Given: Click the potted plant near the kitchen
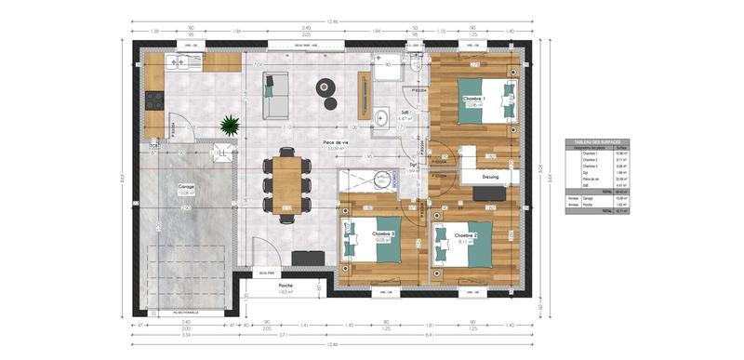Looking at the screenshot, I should tap(228, 125).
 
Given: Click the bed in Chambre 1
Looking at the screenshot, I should tap(488, 100).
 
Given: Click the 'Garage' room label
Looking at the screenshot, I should tap(187, 186).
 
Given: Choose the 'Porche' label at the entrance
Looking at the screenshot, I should tap(286, 286).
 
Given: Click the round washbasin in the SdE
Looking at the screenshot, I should tap(382, 117).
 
